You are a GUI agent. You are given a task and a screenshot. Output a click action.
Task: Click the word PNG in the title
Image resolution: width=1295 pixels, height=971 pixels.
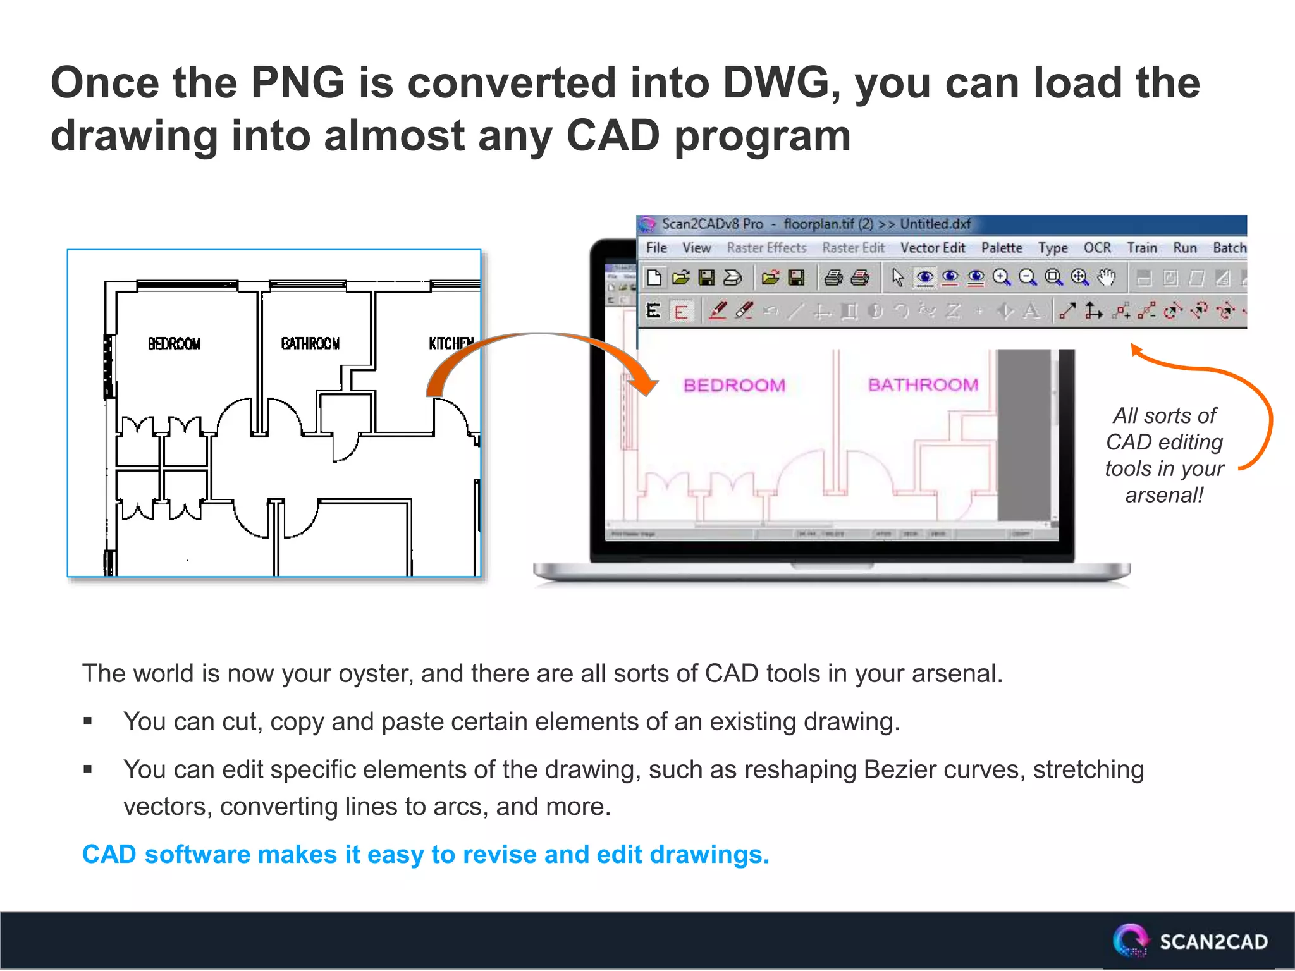tap(297, 83)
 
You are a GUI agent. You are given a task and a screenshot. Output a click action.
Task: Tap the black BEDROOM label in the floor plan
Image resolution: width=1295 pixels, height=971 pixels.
tap(174, 344)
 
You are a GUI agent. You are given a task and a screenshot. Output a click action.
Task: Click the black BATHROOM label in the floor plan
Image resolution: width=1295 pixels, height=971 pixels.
tap(310, 343)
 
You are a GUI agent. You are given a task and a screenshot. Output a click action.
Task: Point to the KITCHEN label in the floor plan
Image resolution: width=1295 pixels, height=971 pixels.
tap(451, 343)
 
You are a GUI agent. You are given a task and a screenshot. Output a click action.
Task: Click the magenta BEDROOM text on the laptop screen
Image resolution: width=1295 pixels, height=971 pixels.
tap(734, 385)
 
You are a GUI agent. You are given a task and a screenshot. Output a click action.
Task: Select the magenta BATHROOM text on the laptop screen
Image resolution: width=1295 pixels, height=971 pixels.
tap(923, 384)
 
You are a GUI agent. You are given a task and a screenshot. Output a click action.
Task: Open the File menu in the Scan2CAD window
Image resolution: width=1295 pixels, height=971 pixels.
tap(656, 248)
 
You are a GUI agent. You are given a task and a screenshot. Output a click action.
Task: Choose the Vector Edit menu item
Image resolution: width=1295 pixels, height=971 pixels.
tap(933, 248)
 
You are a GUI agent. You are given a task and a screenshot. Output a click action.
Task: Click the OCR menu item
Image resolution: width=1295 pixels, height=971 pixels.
tap(1097, 248)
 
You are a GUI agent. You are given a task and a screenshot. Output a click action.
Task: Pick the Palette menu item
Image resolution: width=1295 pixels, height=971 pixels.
tap(1002, 248)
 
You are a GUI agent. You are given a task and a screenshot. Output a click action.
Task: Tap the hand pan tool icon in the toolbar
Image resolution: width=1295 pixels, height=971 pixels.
tap(1107, 277)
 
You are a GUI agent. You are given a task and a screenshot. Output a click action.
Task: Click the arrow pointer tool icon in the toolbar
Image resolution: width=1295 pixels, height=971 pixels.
tap(897, 278)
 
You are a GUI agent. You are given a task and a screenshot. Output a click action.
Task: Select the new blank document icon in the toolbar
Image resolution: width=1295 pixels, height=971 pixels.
tap(654, 278)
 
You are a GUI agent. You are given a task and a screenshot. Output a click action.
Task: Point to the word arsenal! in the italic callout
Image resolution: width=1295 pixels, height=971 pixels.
tap(1164, 495)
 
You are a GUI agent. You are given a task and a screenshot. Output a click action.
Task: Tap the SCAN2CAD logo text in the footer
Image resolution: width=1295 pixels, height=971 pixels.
tap(1213, 942)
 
